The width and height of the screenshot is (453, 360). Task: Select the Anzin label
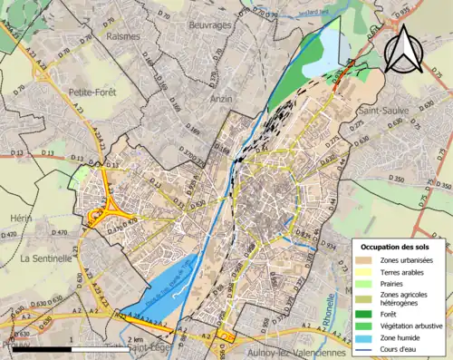[221, 97]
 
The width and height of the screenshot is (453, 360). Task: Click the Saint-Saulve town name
[383, 110]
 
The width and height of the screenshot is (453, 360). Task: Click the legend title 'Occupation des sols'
[400, 247]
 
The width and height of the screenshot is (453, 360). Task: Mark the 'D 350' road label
[397, 180]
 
